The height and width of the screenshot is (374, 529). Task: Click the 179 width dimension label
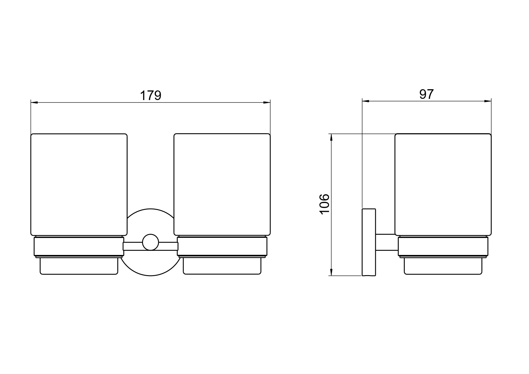pos(150,96)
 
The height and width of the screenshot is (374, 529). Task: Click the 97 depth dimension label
pos(426,94)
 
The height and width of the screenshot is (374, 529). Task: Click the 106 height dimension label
pos(325,204)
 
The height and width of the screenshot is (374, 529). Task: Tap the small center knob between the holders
pos(150,242)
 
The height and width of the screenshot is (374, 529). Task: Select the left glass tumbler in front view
pos(79,184)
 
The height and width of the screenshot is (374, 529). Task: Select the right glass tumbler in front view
pos(222,184)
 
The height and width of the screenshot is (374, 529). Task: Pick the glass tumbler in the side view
pos(443,184)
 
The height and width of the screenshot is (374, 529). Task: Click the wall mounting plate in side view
pos(369,242)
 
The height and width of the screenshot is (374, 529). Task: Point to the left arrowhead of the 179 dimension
pos(34,103)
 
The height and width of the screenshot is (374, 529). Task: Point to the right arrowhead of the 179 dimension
pos(267,103)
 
